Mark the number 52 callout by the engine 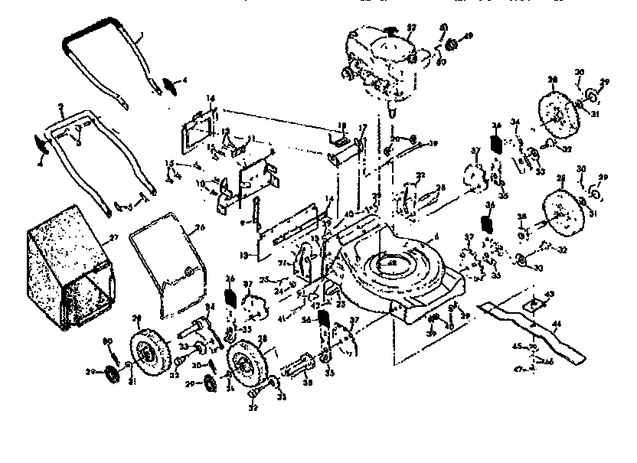[x=411, y=28]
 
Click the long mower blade [x=536, y=329]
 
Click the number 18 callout [x=342, y=126]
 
